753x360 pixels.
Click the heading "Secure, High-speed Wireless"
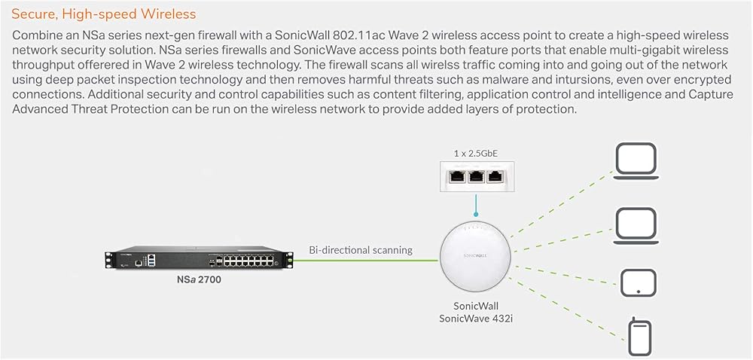[x=104, y=14]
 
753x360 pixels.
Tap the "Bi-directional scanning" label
[x=361, y=250]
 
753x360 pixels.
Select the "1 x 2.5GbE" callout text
[x=475, y=154]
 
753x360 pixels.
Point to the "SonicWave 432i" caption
[x=475, y=319]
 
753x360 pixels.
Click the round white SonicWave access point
[x=475, y=258]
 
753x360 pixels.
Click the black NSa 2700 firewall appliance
[x=198, y=260]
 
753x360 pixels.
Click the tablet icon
[x=638, y=283]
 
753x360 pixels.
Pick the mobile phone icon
[x=639, y=337]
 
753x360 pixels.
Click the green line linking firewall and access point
[x=366, y=261]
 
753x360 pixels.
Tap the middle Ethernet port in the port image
[x=475, y=176]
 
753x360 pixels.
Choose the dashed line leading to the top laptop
[x=561, y=204]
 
